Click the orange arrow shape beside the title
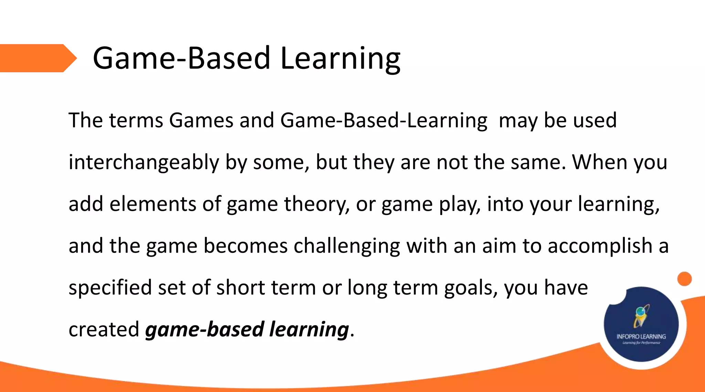click(x=36, y=58)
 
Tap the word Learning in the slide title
click(x=340, y=59)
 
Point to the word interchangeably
click(x=144, y=163)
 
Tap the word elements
click(x=152, y=204)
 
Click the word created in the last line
click(x=104, y=329)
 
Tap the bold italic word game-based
click(x=204, y=330)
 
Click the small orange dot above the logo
click(x=684, y=279)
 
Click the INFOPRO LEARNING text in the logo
click(x=641, y=337)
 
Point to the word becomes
click(x=245, y=246)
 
